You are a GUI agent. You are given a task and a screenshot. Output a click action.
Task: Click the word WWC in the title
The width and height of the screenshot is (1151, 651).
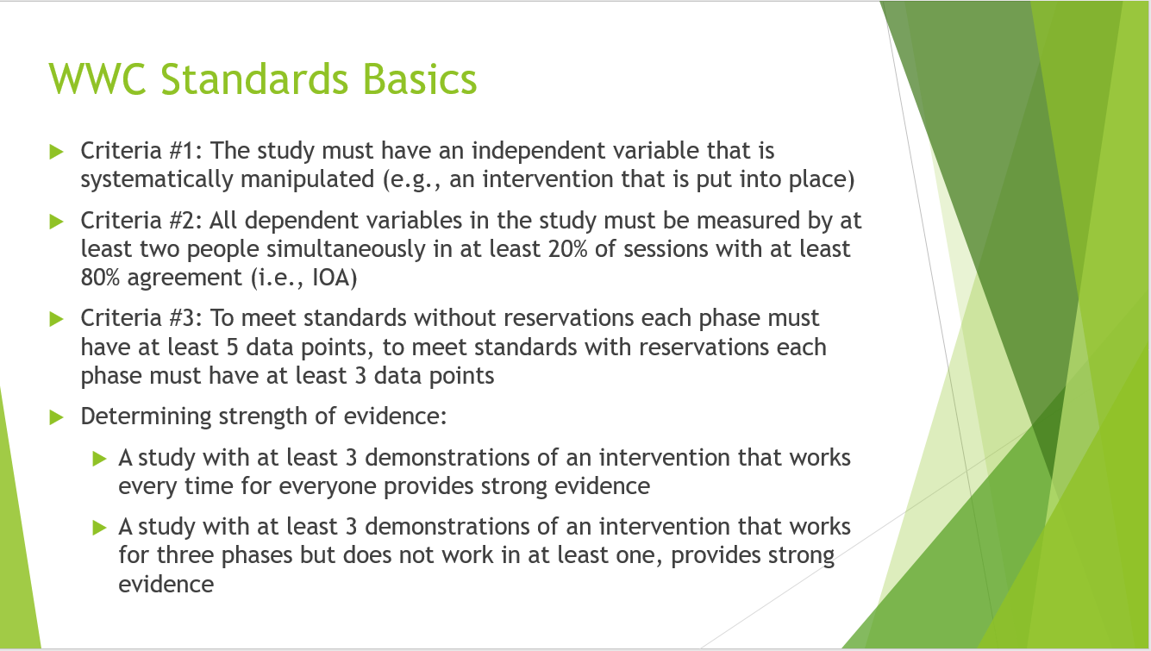(97, 79)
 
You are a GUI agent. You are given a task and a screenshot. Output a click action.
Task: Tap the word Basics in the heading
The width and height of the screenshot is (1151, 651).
(420, 79)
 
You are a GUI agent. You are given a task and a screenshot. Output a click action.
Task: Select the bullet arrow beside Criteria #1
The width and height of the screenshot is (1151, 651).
(57, 152)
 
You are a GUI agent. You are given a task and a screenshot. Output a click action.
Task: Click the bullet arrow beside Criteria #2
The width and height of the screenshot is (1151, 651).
(57, 222)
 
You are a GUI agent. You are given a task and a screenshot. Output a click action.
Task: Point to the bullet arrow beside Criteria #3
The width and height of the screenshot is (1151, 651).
(57, 319)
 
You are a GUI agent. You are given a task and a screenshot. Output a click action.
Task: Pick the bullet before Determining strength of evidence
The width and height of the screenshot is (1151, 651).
(57, 417)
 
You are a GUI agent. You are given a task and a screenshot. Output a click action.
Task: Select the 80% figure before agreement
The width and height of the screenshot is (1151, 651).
(100, 278)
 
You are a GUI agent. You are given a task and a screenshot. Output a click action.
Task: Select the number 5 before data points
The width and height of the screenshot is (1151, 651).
(232, 347)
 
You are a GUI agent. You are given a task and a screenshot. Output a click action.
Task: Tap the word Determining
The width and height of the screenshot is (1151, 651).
(146, 416)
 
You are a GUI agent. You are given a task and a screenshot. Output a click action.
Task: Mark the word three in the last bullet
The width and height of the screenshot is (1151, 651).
(185, 555)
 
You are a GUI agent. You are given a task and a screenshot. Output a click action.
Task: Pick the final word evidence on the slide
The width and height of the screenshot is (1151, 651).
(166, 585)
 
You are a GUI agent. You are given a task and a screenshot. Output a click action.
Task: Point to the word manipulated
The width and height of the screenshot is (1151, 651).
(307, 180)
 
